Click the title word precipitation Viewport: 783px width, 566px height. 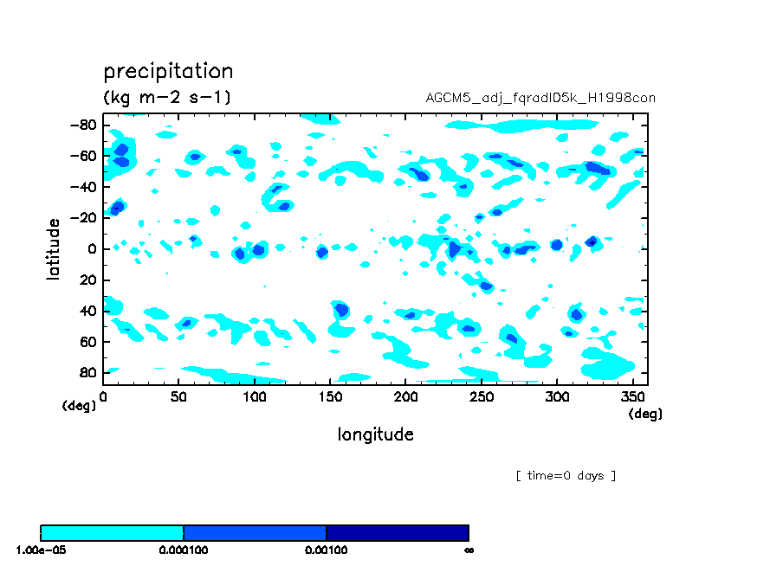coord(168,71)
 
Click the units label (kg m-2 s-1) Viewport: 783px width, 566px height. coord(167,97)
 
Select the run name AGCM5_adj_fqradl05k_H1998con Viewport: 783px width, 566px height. coord(540,98)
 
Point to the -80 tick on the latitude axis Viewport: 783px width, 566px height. coord(82,125)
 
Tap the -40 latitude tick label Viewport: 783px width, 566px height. coord(82,187)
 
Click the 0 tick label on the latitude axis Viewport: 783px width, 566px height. coord(90,249)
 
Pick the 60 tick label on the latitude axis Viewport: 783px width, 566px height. coord(87,342)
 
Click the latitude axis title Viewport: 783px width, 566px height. coord(54,248)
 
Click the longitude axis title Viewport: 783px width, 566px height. coord(375,434)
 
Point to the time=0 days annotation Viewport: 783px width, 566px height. coord(566,476)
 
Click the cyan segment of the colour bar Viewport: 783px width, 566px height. coord(112,532)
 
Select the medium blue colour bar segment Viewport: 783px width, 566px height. coord(255,532)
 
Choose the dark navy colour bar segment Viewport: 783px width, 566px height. coord(397,532)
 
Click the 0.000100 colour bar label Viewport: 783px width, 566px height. coord(183,550)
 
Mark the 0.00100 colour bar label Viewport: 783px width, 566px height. coord(326,550)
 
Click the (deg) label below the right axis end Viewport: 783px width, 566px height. coord(645,414)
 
